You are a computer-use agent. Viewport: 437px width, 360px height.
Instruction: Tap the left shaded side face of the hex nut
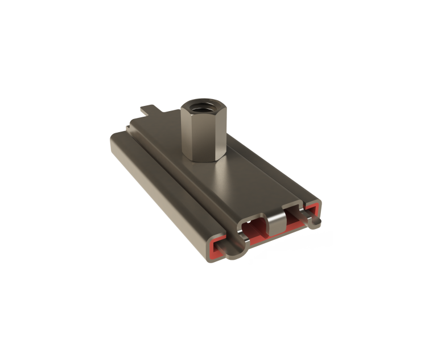coord(187,134)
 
